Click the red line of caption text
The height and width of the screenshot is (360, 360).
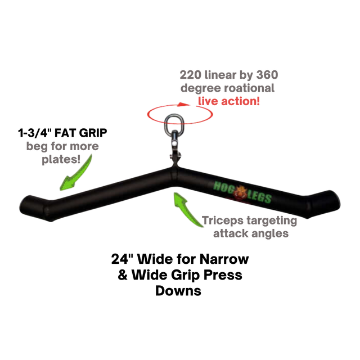pyautogui.click(x=228, y=101)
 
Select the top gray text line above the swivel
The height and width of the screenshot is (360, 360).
pyautogui.click(x=228, y=75)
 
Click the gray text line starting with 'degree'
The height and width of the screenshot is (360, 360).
pyautogui.click(x=227, y=88)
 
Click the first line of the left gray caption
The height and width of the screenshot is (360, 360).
pyautogui.click(x=62, y=147)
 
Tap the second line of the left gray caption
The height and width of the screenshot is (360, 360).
pyautogui.click(x=62, y=161)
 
